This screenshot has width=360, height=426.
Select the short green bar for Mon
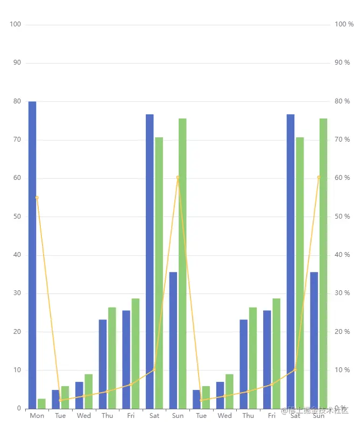pyautogui.click(x=41, y=403)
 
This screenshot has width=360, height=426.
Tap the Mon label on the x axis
pyautogui.click(x=37, y=416)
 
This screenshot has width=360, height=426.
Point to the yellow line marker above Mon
pyautogui.click(x=37, y=198)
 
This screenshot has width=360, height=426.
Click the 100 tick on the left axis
pyautogui.click(x=16, y=24)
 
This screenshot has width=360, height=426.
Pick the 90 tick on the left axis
pyautogui.click(x=17, y=62)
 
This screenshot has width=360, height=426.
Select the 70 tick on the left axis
pyautogui.click(x=17, y=139)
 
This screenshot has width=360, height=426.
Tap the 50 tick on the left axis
pyautogui.click(x=17, y=217)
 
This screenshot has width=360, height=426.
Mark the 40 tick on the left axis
pyautogui.click(x=17, y=255)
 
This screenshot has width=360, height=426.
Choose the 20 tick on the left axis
pyautogui.click(x=17, y=332)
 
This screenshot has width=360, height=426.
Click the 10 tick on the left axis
pyautogui.click(x=17, y=370)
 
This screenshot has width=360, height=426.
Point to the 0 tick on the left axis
pyautogui.click(x=18, y=409)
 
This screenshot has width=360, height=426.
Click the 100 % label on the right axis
pyautogui.click(x=344, y=24)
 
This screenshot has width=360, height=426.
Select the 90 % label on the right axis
pyautogui.click(x=342, y=62)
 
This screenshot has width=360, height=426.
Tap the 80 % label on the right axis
pyautogui.click(x=342, y=101)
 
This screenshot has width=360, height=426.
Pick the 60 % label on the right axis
pyautogui.click(x=342, y=178)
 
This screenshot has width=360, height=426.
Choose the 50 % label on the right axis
pyautogui.click(x=342, y=217)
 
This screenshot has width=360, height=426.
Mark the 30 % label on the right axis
pyautogui.click(x=342, y=293)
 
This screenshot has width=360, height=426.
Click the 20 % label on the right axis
pyautogui.click(x=342, y=332)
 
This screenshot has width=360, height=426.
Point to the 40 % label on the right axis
pyautogui.click(x=342, y=255)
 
